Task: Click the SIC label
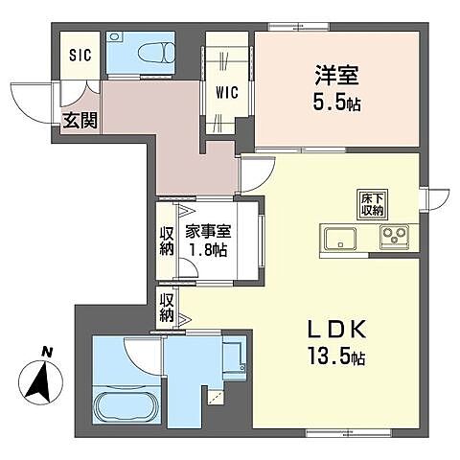(x=79, y=55)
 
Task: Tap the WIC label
(x=227, y=93)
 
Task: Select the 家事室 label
(x=208, y=231)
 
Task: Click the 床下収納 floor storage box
(x=372, y=203)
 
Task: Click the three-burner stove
(x=393, y=237)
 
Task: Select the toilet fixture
(x=154, y=53)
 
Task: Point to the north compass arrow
(x=40, y=383)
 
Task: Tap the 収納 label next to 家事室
(x=166, y=240)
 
